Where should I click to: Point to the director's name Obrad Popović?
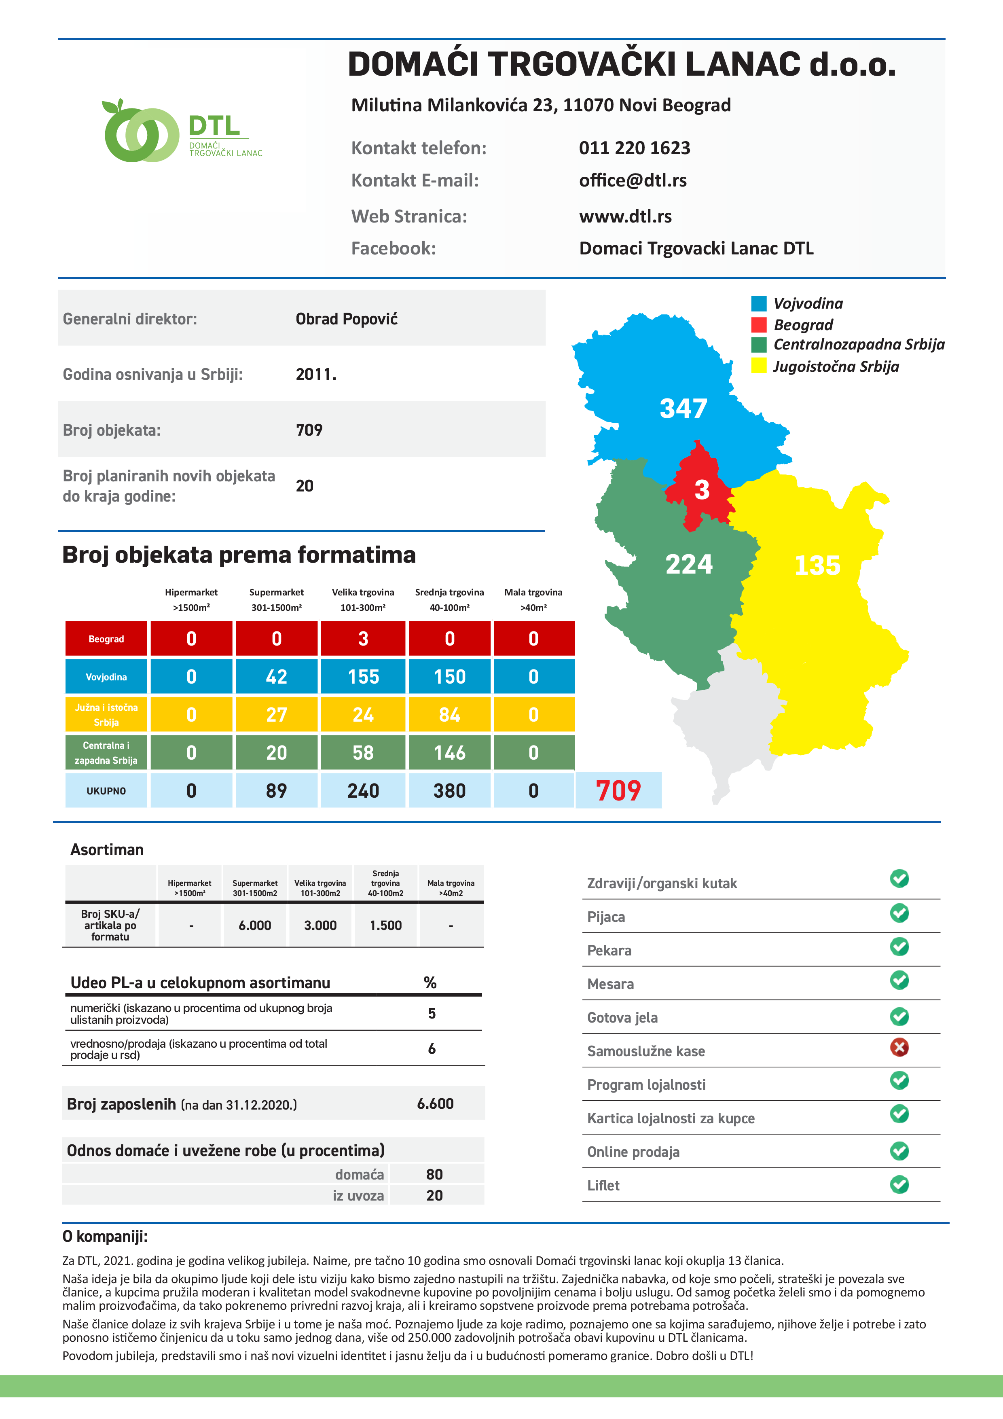coord(346,319)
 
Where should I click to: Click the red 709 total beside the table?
coord(618,790)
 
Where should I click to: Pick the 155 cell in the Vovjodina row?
coord(363,677)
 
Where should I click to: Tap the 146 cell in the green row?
coord(449,753)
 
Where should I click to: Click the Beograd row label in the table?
coord(106,639)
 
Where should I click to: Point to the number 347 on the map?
coord(683,409)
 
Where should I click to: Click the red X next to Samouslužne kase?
coord(899,1048)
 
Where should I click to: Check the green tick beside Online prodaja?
coord(899,1151)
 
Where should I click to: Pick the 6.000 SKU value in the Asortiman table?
coord(255,925)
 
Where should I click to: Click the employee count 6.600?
coord(435,1104)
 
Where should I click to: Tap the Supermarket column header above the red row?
coord(276,599)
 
